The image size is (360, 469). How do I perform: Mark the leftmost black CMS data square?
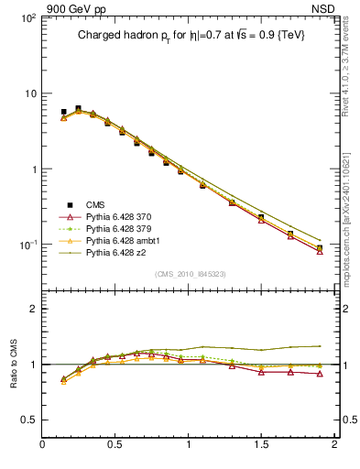pos(63,112)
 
